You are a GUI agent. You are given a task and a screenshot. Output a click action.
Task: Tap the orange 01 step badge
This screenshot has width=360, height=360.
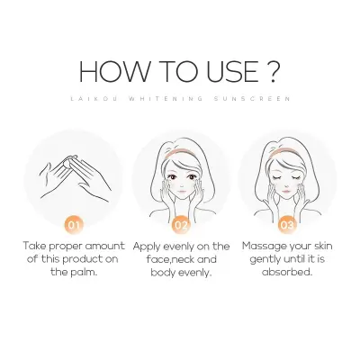[x=78, y=222]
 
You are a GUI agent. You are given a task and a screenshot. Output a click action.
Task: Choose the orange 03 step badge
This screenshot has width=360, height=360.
[x=286, y=222]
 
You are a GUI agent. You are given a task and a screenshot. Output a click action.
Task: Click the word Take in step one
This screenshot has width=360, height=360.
[x=37, y=246]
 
